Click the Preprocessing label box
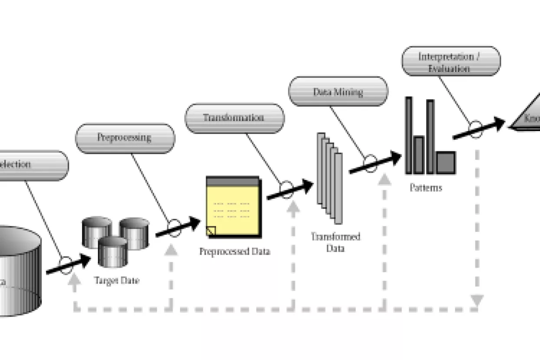(x=125, y=138)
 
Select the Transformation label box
(x=234, y=118)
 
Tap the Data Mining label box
(x=338, y=92)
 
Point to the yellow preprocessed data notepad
(x=234, y=207)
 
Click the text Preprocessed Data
(x=234, y=252)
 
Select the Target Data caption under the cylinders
(x=117, y=281)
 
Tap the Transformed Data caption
(x=335, y=242)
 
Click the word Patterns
(x=425, y=188)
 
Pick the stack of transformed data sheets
(x=330, y=178)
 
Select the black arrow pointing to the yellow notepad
(x=178, y=228)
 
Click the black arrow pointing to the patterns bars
(x=375, y=163)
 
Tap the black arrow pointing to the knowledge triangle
(x=479, y=129)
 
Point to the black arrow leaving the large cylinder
(x=68, y=265)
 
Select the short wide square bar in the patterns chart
(x=445, y=163)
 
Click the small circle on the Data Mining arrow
(x=370, y=164)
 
